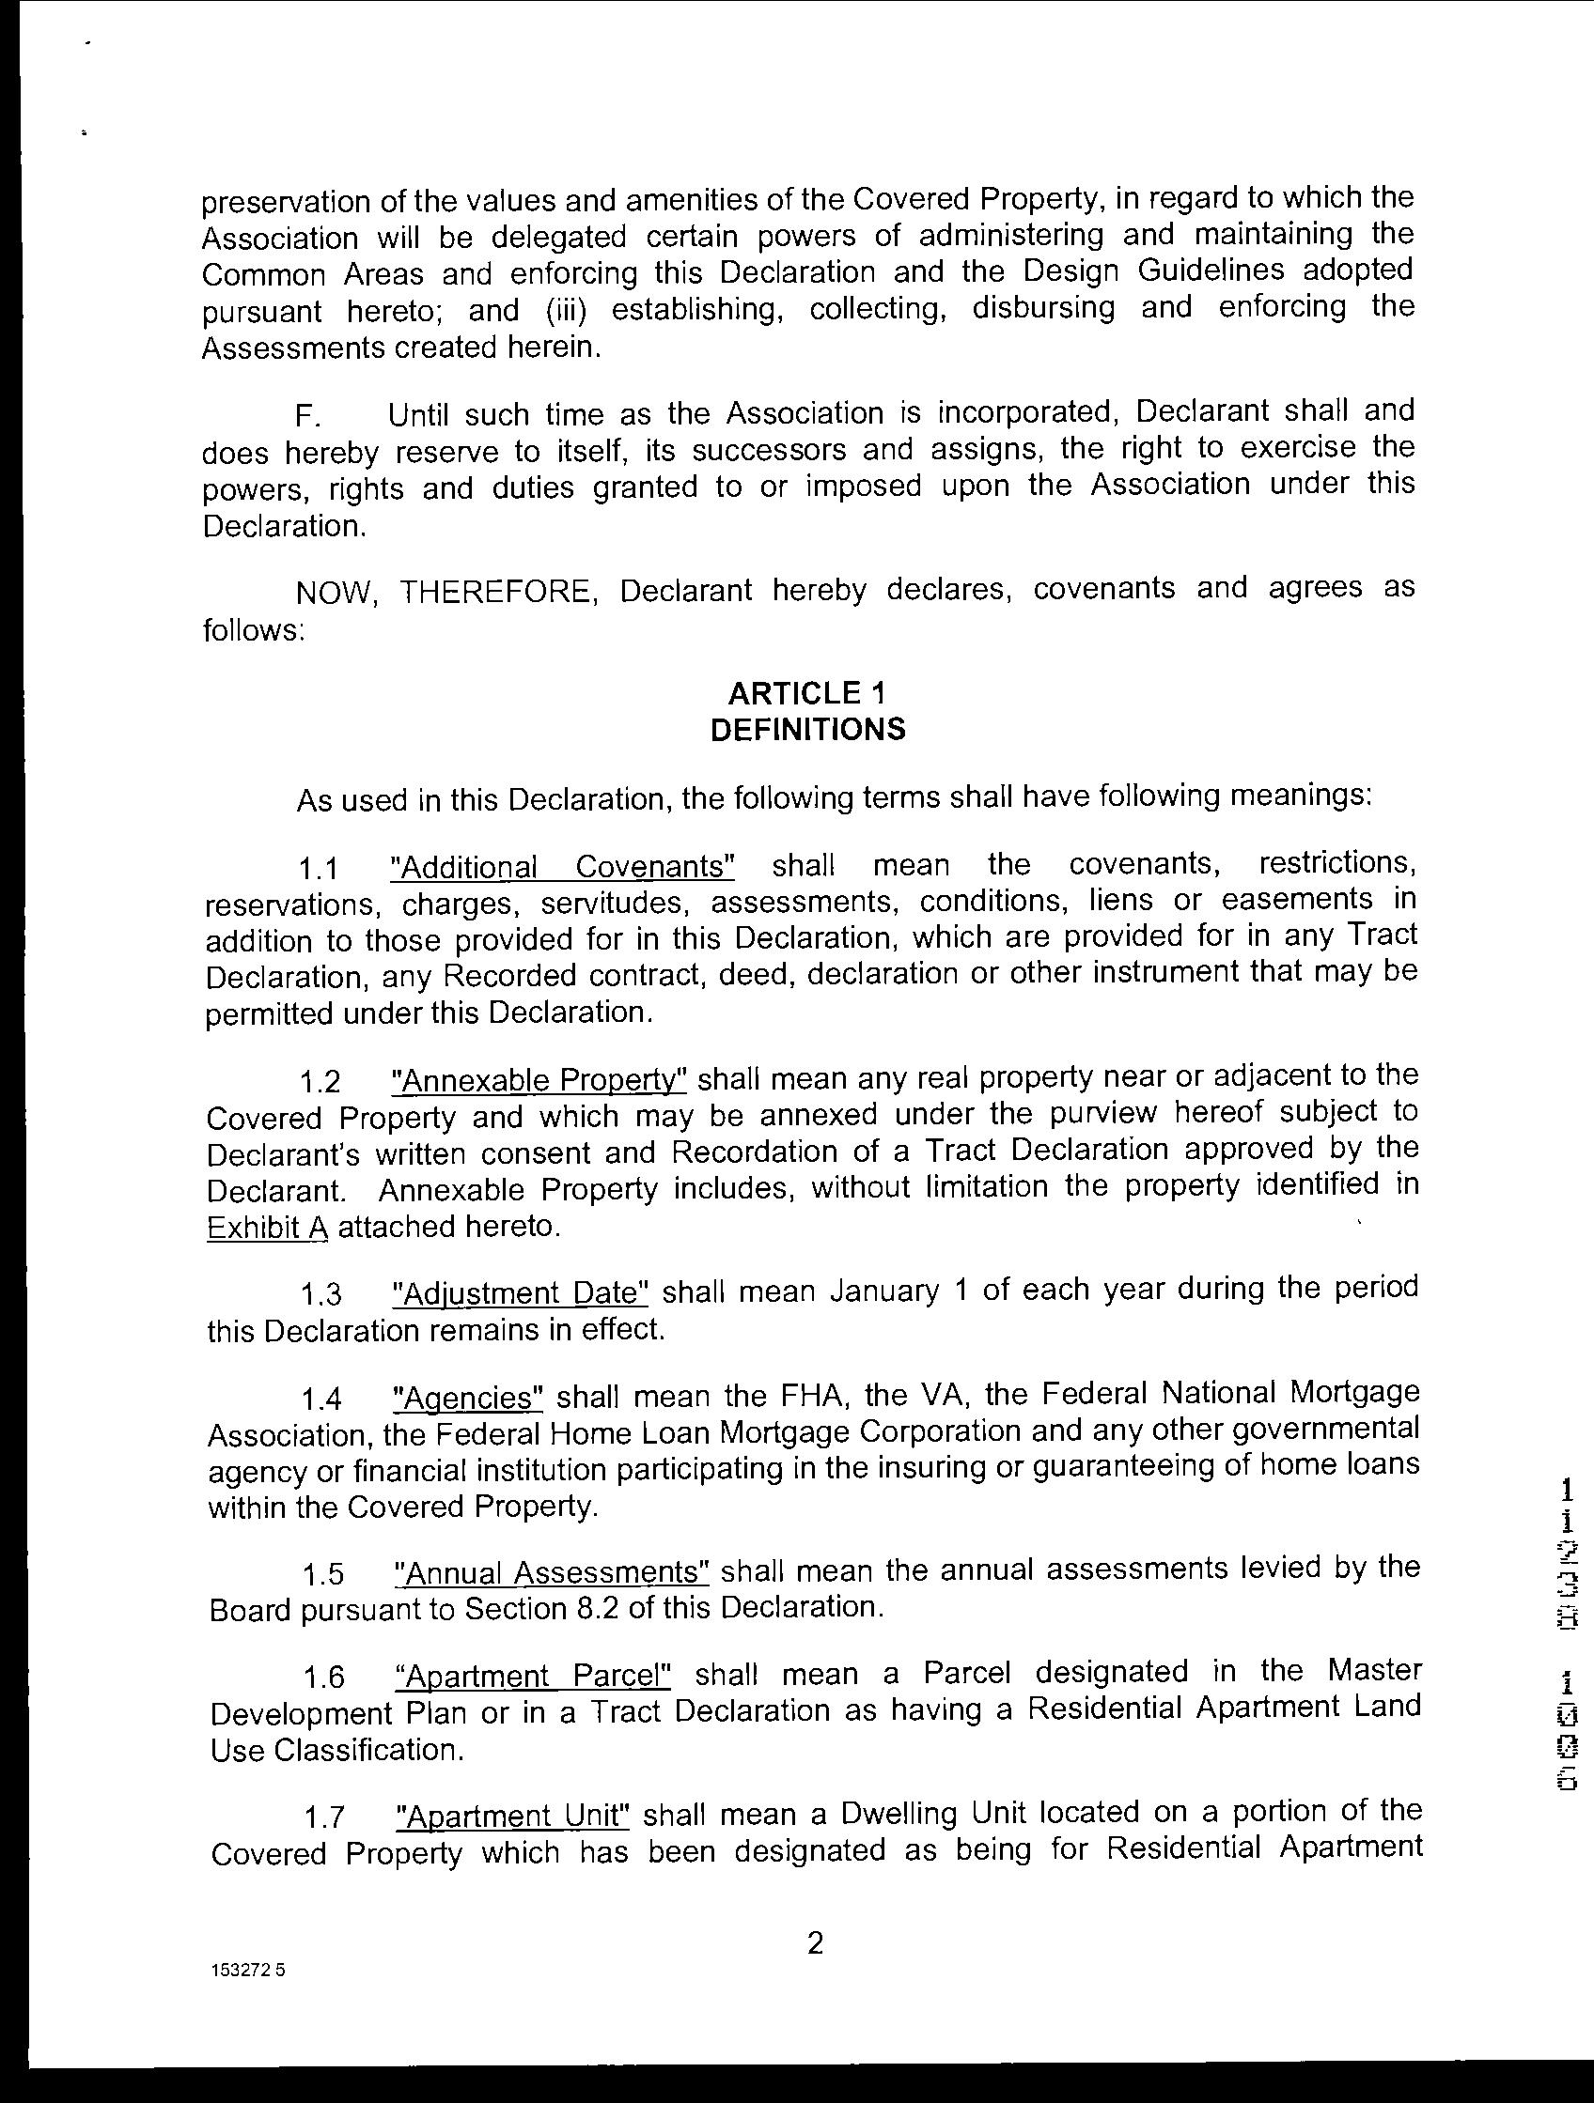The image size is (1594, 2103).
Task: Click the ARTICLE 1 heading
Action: [x=807, y=692]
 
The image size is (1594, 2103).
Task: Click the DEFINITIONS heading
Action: [x=807, y=729]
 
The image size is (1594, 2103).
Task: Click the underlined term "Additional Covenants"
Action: [x=564, y=867]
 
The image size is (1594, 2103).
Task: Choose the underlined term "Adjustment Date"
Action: [x=522, y=1293]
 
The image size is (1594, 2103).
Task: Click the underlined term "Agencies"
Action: [x=468, y=1399]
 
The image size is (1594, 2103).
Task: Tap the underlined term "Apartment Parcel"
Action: [x=533, y=1676]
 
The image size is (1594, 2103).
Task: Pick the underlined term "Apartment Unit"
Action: [x=512, y=1817]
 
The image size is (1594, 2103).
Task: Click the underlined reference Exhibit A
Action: [x=267, y=1228]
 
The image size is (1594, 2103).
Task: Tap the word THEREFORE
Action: [x=498, y=592]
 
